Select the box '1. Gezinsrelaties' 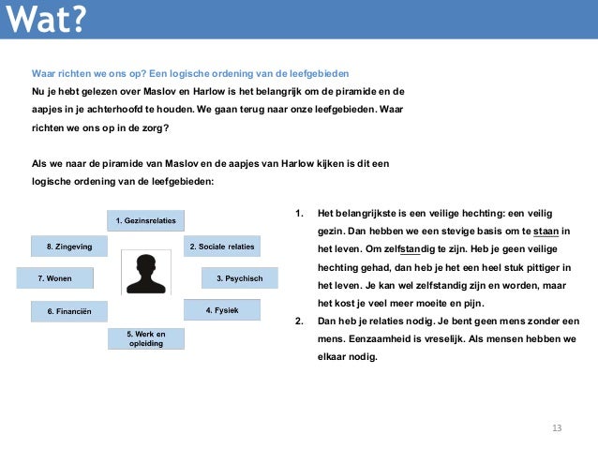(x=144, y=221)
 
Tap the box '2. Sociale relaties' (x=221, y=247)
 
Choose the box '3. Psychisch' (x=240, y=278)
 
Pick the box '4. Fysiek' (x=221, y=309)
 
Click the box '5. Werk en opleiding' (x=145, y=338)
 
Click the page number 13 (x=557, y=428)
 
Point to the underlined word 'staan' (x=545, y=231)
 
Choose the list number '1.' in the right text (x=298, y=213)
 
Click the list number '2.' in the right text (x=298, y=321)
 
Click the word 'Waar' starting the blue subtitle (x=44, y=73)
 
